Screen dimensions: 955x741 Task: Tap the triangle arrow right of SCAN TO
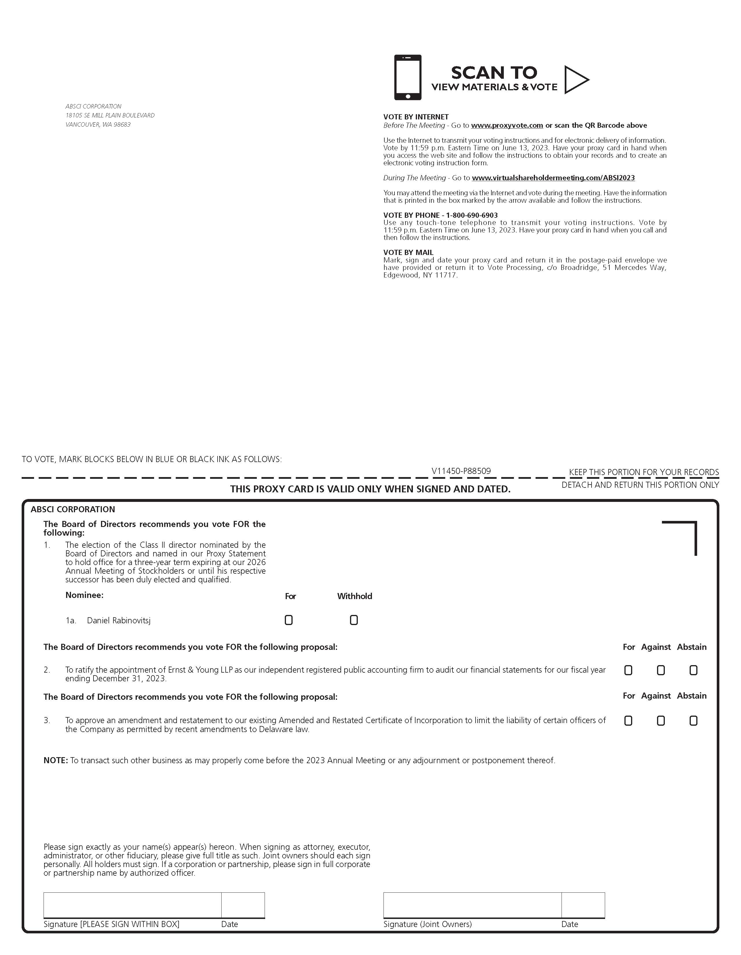[x=575, y=80]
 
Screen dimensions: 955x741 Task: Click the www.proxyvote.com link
[x=507, y=125]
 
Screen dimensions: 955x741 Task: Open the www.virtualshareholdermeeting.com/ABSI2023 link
[x=553, y=178]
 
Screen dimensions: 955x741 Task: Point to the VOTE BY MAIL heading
[x=408, y=252]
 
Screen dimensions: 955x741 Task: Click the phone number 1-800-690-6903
[x=471, y=215]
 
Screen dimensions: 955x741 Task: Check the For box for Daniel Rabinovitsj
[x=289, y=620]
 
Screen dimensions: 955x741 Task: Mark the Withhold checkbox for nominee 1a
[x=354, y=620]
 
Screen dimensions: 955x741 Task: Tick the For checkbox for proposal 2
[x=628, y=670]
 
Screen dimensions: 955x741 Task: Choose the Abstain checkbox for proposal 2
[x=693, y=670]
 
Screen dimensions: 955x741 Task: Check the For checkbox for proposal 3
[x=628, y=721]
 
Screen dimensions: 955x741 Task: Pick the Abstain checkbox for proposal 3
[x=693, y=721]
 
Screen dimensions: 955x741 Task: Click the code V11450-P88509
[x=461, y=471]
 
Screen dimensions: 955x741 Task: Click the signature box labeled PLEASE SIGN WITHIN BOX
[x=132, y=905]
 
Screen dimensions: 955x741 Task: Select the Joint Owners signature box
[x=472, y=905]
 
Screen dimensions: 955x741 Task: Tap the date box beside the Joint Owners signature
[x=583, y=905]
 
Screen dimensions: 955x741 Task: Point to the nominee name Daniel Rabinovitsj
[x=119, y=620]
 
